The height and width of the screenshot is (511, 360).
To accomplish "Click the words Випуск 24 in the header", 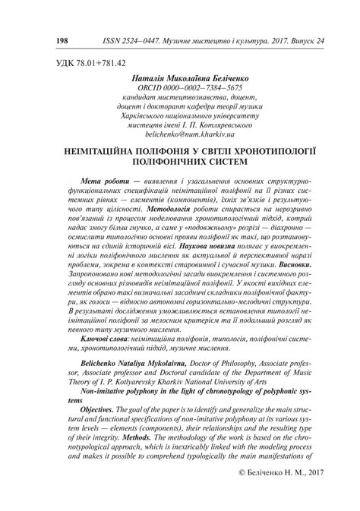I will coord(298,37).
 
